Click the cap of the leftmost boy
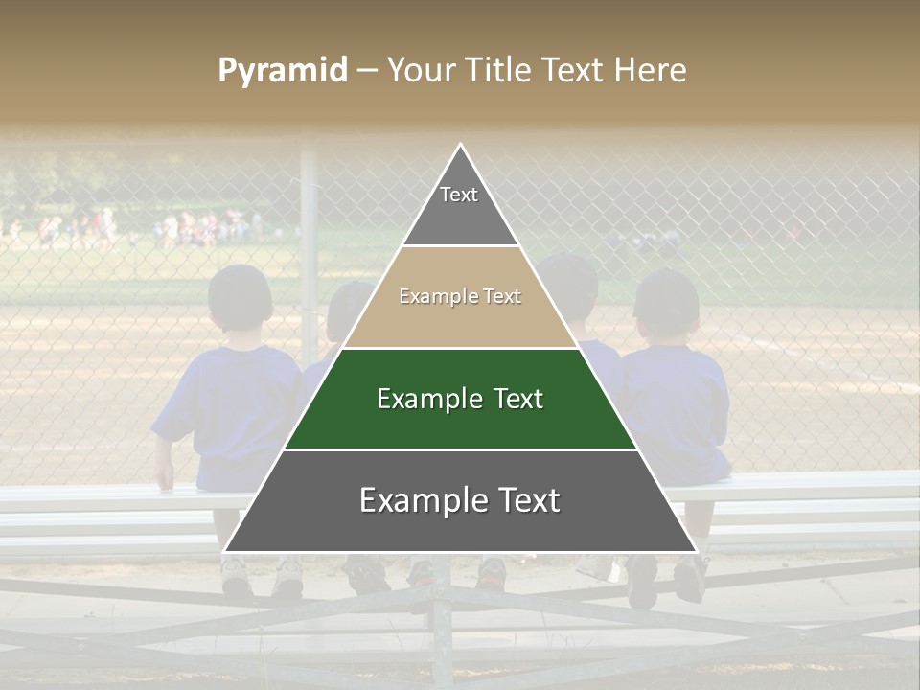point(240,287)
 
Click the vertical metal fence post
point(309,249)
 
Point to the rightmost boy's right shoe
point(690,580)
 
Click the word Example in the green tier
point(417,399)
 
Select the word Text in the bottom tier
point(522,500)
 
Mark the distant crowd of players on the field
point(192,228)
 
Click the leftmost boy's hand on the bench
point(165,479)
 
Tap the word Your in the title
point(419,70)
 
